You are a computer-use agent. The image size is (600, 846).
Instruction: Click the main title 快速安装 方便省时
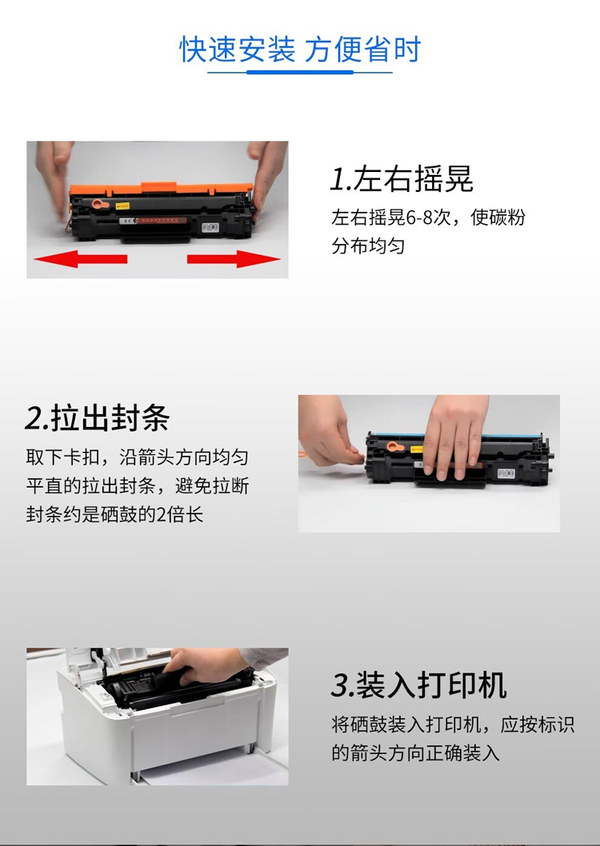click(299, 50)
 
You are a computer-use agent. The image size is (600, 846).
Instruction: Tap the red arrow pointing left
click(80, 259)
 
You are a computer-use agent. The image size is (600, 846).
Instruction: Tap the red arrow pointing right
click(234, 259)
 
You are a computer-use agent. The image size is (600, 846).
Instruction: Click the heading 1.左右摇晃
click(402, 179)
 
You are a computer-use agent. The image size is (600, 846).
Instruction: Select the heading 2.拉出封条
click(97, 418)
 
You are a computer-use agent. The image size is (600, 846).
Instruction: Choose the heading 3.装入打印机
click(418, 685)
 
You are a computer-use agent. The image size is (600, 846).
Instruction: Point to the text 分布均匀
click(368, 246)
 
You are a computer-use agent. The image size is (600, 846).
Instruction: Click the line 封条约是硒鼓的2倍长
click(114, 514)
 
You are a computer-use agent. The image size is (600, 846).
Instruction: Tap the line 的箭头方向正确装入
click(415, 752)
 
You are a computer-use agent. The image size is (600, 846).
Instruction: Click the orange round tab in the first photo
click(98, 204)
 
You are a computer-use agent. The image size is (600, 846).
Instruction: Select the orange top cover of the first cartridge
click(161, 190)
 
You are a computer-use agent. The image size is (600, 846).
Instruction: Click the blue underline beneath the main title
click(300, 72)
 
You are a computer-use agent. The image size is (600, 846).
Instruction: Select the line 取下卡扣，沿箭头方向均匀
click(137, 457)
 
